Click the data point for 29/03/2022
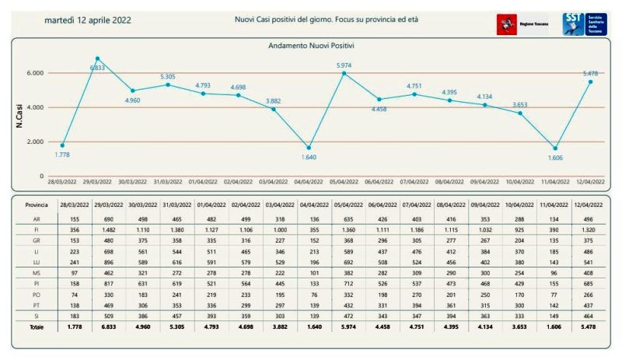pyautogui.click(x=97, y=58)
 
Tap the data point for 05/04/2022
pyautogui.click(x=344, y=73)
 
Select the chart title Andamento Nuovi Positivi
pyautogui.click(x=309, y=46)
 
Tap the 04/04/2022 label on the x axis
pyautogui.click(x=310, y=181)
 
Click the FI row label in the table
pyautogui.click(x=26, y=230)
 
